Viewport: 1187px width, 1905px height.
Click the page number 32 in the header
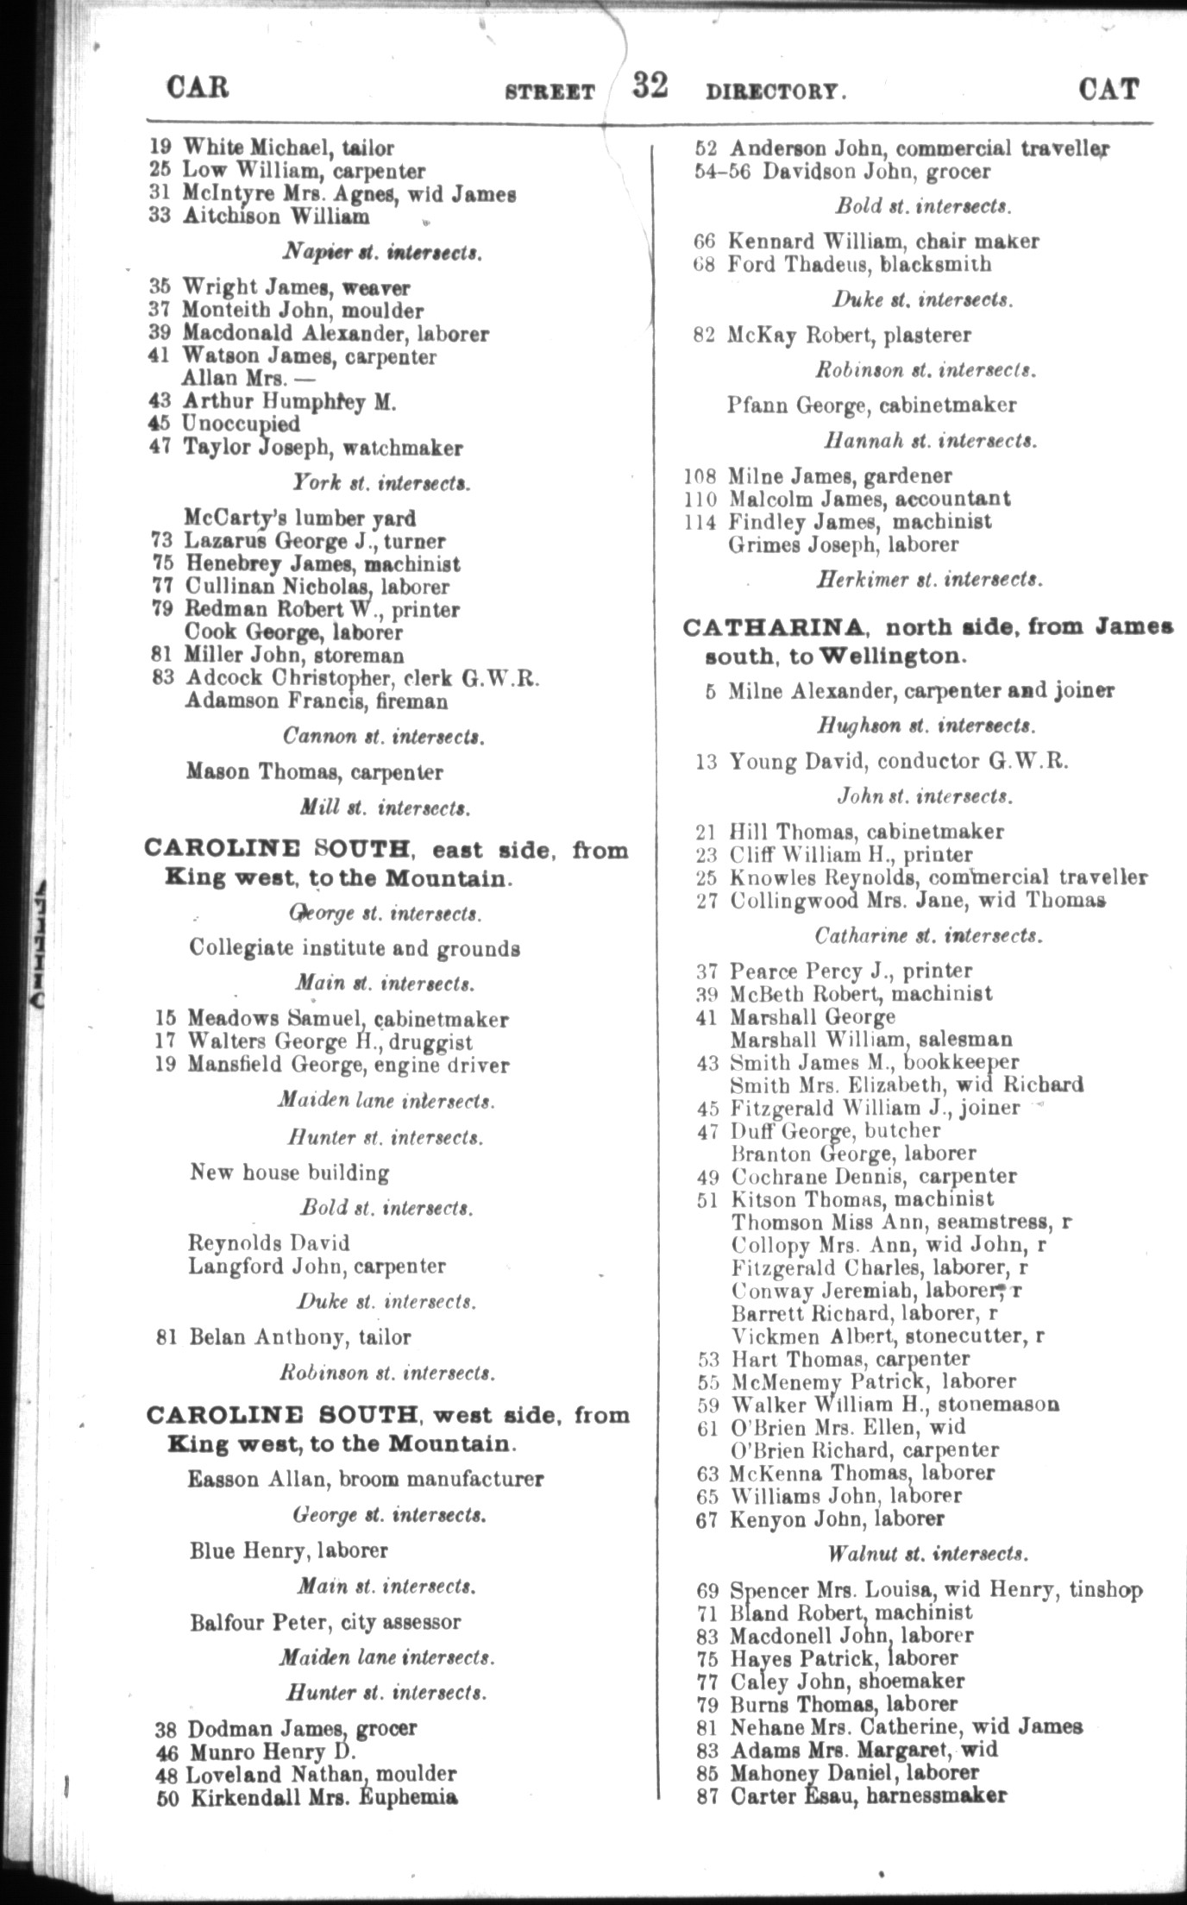(x=650, y=86)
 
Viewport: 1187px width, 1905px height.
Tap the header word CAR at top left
(x=198, y=88)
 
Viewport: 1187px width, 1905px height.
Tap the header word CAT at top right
(x=1108, y=90)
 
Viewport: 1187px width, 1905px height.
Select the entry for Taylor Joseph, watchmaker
(x=323, y=448)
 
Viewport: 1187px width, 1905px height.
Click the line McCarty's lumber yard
(x=299, y=519)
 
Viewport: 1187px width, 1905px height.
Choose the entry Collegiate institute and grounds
(x=355, y=948)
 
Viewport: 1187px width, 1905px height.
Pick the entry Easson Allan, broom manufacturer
(x=366, y=1479)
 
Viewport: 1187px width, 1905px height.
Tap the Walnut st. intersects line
(x=926, y=1554)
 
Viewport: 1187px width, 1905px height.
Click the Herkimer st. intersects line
(x=928, y=580)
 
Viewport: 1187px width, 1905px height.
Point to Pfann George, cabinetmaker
(x=871, y=405)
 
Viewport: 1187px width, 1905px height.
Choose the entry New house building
(x=289, y=1173)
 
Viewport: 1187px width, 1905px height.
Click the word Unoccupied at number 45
(x=241, y=424)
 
